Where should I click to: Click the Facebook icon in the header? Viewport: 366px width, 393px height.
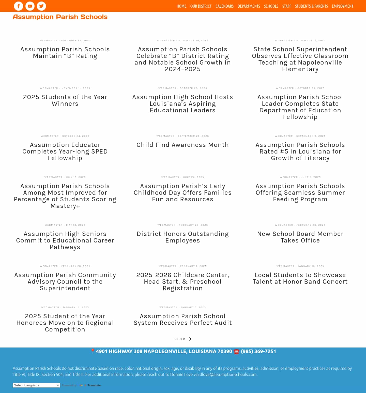point(19,6)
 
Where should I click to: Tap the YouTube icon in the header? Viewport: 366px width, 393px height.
point(30,6)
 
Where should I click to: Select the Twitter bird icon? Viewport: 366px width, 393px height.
point(41,6)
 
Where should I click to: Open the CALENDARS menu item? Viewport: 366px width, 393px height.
point(224,6)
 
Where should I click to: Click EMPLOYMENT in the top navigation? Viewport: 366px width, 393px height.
point(342,6)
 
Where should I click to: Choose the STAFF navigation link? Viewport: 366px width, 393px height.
point(286,6)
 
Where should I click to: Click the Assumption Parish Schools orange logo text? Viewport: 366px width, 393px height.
point(60,17)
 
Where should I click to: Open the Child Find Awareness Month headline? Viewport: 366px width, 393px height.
point(182,145)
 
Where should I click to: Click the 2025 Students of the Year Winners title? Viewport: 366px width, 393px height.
point(65,100)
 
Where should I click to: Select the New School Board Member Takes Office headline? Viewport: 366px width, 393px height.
point(300,237)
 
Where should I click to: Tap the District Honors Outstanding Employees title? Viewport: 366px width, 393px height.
point(182,237)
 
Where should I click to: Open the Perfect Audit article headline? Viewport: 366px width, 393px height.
point(182,320)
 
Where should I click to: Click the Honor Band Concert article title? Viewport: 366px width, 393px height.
point(300,278)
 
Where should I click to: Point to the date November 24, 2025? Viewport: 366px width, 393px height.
point(76,40)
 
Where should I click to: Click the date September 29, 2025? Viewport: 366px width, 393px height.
point(193,136)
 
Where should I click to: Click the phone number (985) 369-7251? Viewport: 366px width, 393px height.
point(258,351)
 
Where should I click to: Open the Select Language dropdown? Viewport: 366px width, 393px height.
point(36,385)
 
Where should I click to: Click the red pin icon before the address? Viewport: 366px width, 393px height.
point(93,351)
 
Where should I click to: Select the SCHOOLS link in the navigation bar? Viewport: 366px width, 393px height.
point(271,6)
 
